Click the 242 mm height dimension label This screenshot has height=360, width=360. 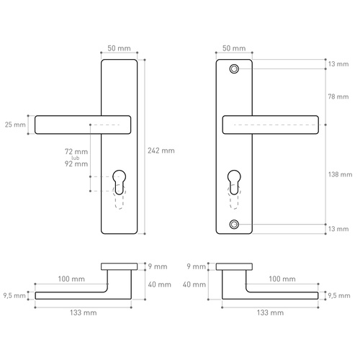coord(162,150)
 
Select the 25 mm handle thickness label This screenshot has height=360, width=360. coord(14,125)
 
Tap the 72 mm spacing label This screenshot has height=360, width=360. coord(75,152)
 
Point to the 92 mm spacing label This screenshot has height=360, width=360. coord(75,164)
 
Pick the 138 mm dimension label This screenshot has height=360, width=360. coord(339,174)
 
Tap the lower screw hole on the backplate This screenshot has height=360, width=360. coord(234,225)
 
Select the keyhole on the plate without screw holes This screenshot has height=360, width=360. coord(119,182)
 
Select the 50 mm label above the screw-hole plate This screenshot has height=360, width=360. coord(234,48)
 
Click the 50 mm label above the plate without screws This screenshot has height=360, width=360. coord(119,48)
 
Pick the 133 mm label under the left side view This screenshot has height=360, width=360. coord(83,313)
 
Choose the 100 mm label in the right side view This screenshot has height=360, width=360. coord(282,279)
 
